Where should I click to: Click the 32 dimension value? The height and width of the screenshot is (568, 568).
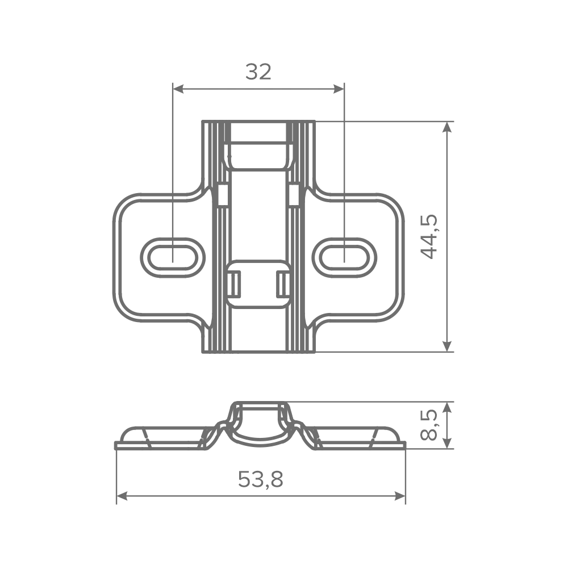[258, 72]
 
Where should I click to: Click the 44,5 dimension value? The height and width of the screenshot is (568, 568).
[429, 237]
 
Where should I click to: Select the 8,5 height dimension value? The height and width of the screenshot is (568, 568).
[429, 425]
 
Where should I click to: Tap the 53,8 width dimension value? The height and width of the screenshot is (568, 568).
[261, 479]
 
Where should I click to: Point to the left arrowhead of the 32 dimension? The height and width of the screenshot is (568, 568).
[178, 89]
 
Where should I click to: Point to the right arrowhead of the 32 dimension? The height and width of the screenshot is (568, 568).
[339, 89]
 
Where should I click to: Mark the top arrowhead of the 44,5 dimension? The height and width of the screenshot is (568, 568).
[448, 127]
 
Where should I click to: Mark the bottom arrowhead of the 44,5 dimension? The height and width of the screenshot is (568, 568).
[448, 346]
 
